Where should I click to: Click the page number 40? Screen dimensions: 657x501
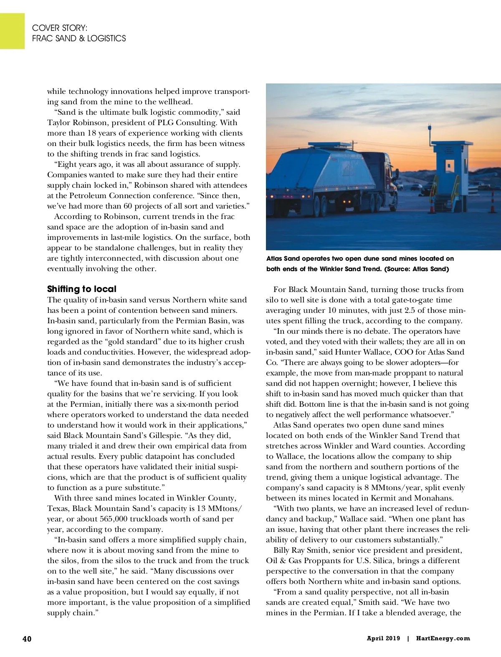click(27, 639)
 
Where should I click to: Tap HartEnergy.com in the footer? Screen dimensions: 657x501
click(443, 638)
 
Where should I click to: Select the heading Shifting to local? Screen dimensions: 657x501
click(82, 289)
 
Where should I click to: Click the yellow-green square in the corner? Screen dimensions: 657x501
click(12, 31)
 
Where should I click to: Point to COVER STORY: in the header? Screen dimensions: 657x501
click(60, 28)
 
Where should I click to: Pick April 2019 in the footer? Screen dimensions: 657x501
click(383, 638)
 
